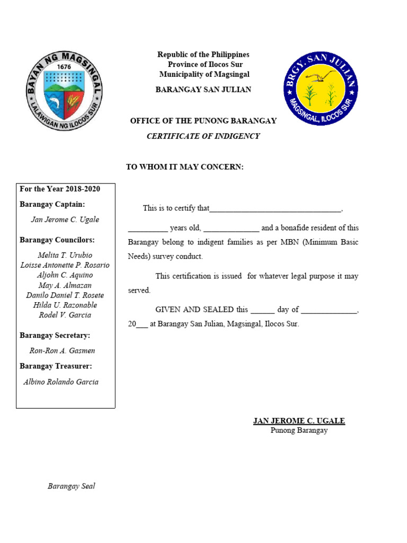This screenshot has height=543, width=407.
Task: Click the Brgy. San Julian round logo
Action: tap(321, 88)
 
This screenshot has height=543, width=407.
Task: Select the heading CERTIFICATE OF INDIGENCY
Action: tap(203, 136)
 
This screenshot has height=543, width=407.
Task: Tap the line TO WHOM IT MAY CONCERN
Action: tap(184, 167)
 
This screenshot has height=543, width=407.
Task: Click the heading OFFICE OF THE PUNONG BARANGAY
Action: tap(203, 121)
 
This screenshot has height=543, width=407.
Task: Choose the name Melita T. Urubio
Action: tap(65, 256)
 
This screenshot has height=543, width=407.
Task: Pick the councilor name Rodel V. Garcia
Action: tap(65, 315)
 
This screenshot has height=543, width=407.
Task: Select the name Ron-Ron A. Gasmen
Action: tap(63, 351)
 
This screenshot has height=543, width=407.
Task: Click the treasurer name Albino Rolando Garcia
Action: tap(61, 382)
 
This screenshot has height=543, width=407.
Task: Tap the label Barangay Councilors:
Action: tap(57, 240)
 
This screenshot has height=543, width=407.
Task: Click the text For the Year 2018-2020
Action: tap(60, 189)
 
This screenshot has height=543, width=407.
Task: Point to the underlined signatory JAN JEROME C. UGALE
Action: tap(299, 421)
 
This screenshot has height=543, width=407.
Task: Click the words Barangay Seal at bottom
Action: tap(72, 486)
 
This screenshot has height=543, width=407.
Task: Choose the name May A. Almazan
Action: tap(65, 285)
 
